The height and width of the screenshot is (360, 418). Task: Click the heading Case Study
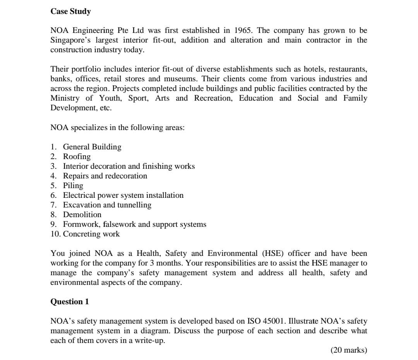(71, 12)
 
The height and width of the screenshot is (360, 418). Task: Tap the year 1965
(243, 31)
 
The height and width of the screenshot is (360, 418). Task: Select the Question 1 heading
(70, 302)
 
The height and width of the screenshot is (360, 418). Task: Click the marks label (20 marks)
(349, 350)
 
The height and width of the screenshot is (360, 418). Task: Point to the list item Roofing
(77, 157)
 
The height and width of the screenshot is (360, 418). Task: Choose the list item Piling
(73, 186)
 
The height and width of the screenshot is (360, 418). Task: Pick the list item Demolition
(82, 215)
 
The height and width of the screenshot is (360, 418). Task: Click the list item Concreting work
(91, 234)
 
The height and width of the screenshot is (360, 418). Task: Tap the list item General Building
(92, 147)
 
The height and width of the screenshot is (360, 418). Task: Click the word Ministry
(65, 98)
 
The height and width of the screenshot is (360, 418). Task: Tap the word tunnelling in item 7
(134, 205)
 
